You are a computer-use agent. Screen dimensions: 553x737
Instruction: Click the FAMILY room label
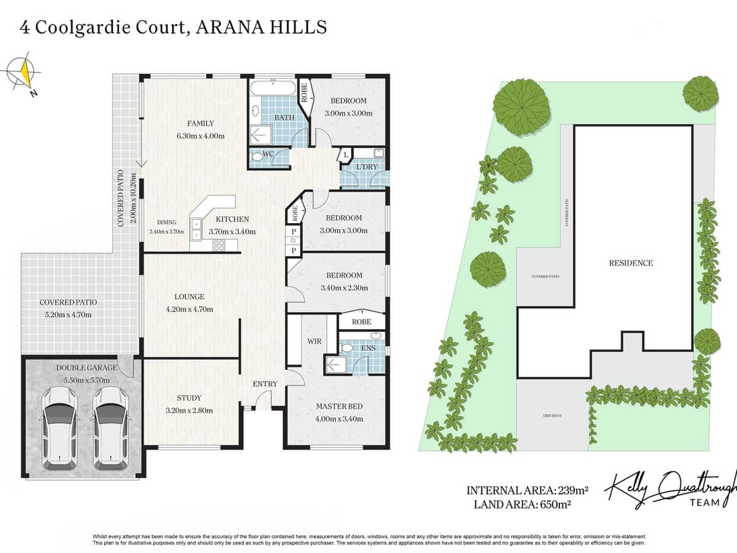click(201, 124)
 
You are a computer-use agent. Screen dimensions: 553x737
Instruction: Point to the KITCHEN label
click(232, 219)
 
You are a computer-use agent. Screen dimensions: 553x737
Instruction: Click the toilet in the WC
click(257, 159)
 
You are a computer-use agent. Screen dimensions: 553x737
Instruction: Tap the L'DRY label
click(367, 167)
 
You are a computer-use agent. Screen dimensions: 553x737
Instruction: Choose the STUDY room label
click(189, 398)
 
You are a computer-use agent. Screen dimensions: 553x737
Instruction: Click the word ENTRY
click(265, 384)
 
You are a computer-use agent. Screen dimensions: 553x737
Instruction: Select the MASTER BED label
click(339, 406)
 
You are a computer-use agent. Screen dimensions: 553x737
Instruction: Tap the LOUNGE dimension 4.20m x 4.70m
click(189, 309)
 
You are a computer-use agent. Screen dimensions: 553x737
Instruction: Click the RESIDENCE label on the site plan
click(631, 263)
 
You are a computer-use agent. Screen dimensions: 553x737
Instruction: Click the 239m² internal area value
click(572, 490)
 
